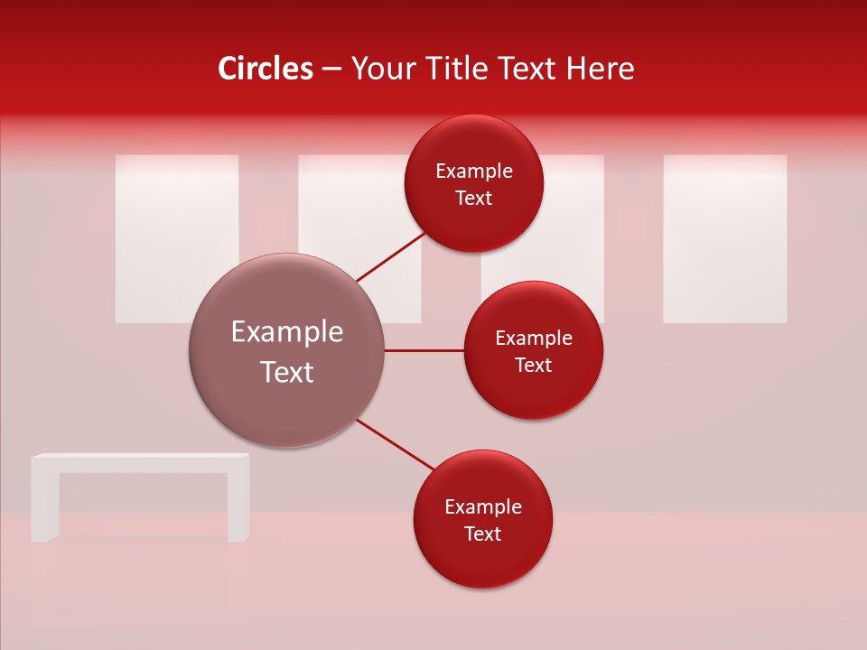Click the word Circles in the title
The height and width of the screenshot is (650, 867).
pos(265,69)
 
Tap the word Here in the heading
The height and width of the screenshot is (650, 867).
pos(600,69)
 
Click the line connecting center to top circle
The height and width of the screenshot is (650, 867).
pos(390,257)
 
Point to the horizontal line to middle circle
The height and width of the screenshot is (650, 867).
pos(424,350)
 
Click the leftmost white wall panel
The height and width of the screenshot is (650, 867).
pos(177,238)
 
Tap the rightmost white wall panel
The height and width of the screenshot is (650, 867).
pos(724,238)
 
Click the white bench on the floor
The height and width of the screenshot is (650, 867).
pos(141,462)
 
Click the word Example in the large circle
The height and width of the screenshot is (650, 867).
pos(287,332)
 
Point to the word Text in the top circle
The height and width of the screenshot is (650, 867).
pos(473,199)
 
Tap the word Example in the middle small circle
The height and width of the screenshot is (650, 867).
pos(533,339)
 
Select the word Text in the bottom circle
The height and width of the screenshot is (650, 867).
pos(482,534)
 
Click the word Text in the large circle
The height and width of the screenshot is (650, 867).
pos(287,372)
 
